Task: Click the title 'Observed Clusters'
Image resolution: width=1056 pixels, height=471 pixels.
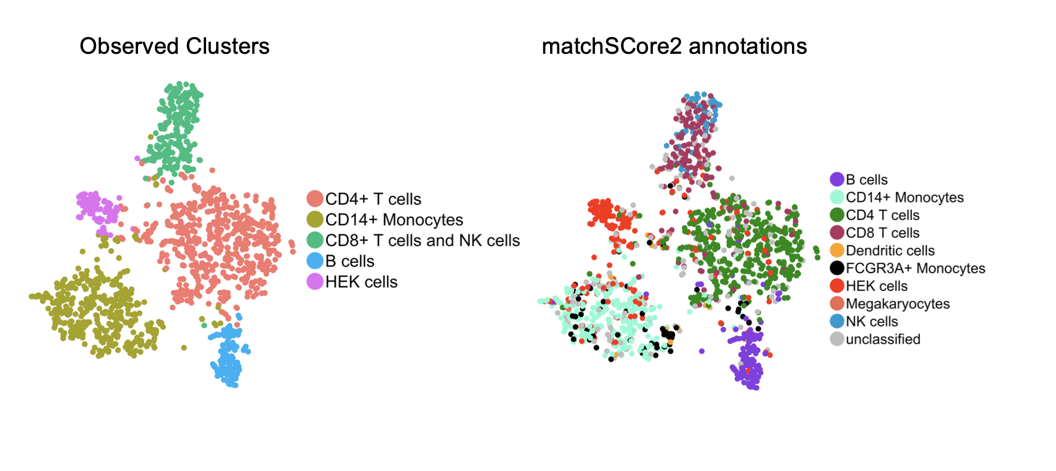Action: (x=174, y=47)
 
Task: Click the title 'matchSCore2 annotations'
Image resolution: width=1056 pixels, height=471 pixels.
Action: (x=674, y=47)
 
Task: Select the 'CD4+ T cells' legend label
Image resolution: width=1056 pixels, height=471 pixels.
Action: (x=373, y=199)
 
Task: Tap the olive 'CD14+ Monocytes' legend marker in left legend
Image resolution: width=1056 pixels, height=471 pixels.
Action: (x=315, y=220)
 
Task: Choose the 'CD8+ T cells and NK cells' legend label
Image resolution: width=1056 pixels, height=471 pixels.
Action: (x=422, y=240)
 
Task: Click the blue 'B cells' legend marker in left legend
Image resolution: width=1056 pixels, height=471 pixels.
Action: (x=315, y=261)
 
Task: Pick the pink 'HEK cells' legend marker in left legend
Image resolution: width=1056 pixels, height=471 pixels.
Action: (x=315, y=282)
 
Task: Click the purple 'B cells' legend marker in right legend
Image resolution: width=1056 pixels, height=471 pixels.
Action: (x=837, y=179)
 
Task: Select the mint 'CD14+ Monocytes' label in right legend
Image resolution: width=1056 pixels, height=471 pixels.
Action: (x=904, y=197)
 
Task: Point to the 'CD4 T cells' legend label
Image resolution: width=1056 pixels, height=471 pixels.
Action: (x=882, y=215)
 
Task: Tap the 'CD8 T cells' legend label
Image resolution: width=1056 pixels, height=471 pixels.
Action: (x=882, y=233)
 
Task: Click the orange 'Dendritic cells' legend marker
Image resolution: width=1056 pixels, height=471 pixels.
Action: (x=837, y=250)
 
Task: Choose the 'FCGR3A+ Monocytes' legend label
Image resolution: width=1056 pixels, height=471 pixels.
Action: (x=915, y=268)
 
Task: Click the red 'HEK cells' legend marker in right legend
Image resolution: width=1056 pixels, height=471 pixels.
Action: (x=837, y=286)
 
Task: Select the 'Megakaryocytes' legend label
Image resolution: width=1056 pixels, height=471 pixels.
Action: (x=897, y=304)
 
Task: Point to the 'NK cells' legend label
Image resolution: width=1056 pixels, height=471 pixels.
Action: (x=871, y=322)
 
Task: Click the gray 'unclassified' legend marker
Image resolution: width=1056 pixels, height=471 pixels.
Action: (x=837, y=339)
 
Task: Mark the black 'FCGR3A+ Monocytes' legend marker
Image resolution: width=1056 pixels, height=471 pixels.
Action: (x=837, y=268)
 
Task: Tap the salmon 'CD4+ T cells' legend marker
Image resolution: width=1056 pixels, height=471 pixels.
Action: (x=315, y=199)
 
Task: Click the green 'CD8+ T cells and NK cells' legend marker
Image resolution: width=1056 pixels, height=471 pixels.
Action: (x=315, y=240)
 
